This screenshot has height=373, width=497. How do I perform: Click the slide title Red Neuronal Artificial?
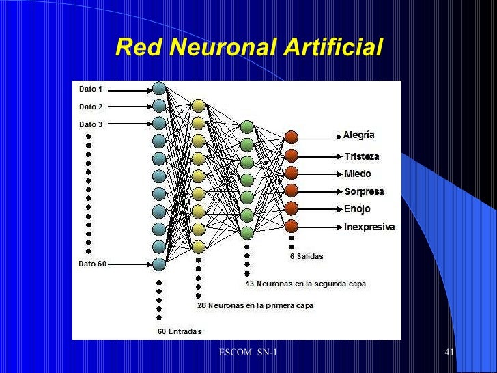point(248,48)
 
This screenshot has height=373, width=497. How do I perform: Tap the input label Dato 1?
point(91,89)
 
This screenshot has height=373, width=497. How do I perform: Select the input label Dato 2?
point(91,107)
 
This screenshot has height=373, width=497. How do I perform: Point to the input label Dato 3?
point(91,124)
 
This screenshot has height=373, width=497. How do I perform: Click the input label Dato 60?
point(93,264)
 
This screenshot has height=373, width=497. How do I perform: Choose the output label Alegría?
point(358,135)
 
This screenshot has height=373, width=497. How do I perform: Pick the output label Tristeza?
point(361,156)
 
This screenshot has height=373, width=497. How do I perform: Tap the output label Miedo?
point(357,174)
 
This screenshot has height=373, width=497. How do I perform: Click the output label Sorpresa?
point(364,191)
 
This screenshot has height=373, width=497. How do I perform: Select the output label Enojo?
point(357,208)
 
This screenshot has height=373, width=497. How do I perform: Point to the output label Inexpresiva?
point(369,226)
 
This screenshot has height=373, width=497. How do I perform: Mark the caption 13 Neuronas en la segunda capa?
point(306,284)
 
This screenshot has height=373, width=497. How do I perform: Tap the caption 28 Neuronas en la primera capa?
point(255,306)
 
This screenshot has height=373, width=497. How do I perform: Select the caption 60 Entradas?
point(180,331)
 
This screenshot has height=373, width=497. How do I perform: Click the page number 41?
point(449,352)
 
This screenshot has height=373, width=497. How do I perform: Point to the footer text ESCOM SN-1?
point(248,352)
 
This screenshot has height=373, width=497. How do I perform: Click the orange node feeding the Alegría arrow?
point(292,137)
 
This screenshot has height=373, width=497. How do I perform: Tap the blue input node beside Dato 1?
point(159,89)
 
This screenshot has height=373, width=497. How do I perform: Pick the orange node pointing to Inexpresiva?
point(292,226)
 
